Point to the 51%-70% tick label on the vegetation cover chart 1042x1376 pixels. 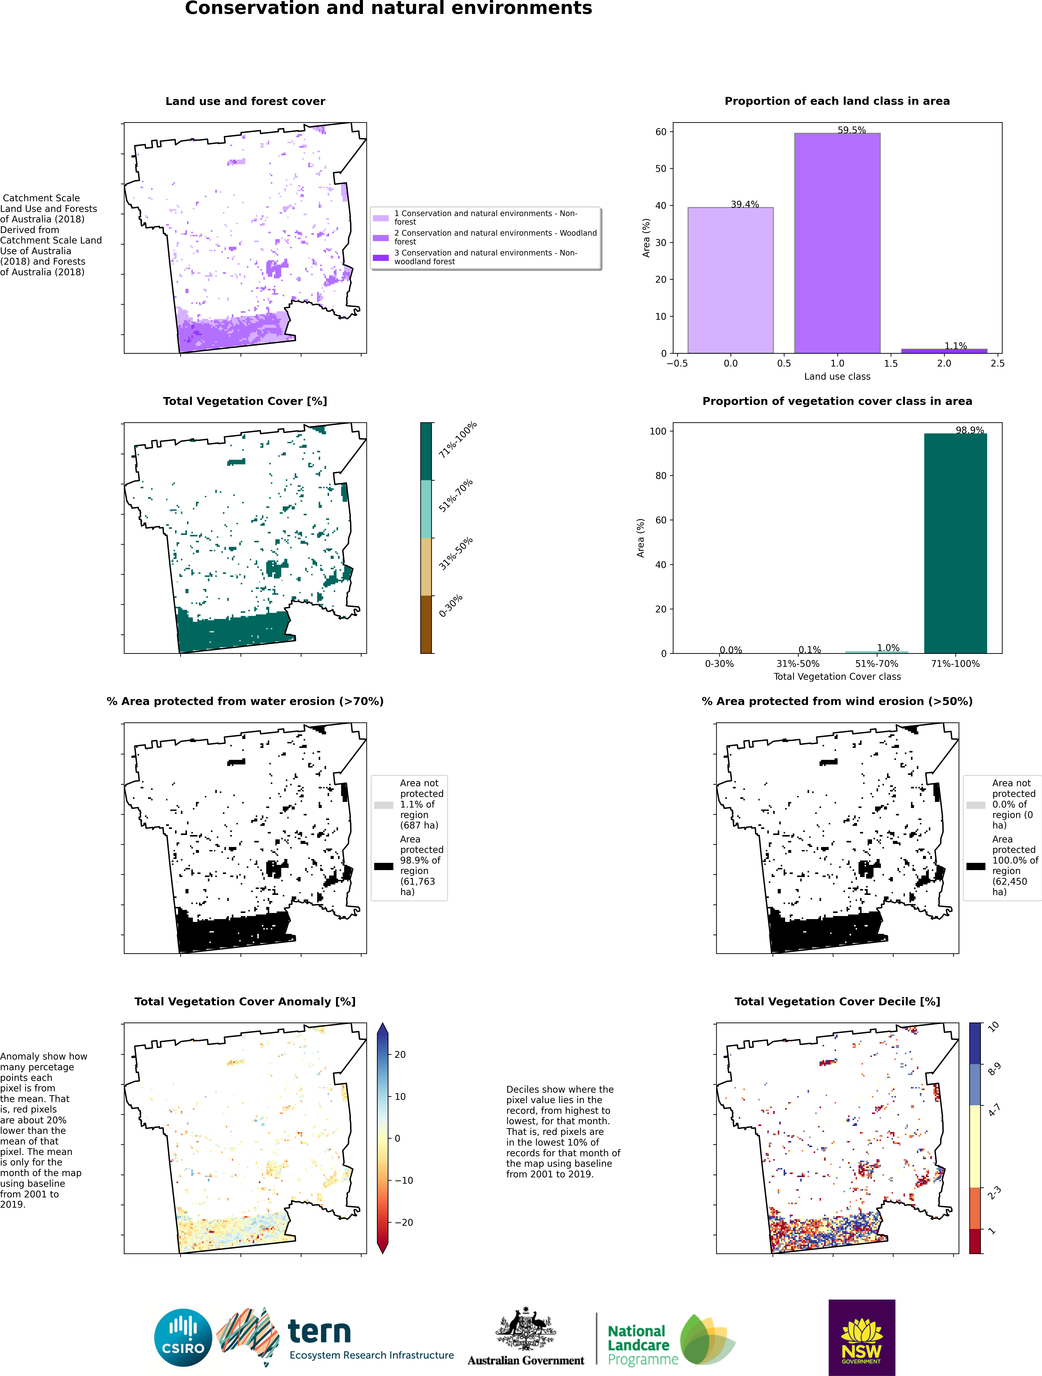coord(877,664)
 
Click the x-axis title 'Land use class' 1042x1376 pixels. coord(837,376)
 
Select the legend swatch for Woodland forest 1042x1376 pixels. coord(380,238)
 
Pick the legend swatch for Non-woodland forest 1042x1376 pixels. coord(380,257)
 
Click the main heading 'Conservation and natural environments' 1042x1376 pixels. coord(389,9)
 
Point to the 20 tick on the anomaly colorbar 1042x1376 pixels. coord(400,1054)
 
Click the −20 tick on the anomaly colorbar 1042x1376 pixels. coord(403,1222)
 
